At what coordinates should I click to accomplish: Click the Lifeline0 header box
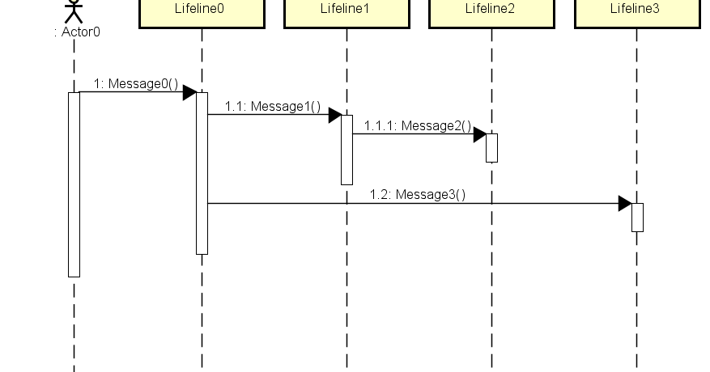(202, 12)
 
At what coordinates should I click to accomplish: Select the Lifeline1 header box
(346, 12)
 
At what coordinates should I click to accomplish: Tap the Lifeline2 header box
(491, 12)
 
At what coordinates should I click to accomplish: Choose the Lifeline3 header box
(636, 12)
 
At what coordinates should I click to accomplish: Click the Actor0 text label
(77, 32)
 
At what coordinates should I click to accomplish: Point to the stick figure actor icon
(74, 10)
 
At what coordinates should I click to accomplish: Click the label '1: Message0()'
(135, 83)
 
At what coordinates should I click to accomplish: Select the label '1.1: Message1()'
(273, 106)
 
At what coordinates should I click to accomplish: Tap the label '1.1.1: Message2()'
(417, 125)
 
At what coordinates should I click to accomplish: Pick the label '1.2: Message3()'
(418, 194)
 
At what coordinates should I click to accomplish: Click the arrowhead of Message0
(189, 92)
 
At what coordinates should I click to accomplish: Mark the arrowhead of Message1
(334, 115)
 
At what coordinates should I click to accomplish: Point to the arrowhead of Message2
(479, 134)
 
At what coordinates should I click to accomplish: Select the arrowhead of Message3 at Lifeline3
(624, 203)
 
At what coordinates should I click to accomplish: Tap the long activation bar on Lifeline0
(202, 173)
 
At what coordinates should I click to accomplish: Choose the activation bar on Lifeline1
(346, 150)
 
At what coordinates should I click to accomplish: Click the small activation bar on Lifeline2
(491, 148)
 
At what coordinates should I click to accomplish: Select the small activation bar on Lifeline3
(637, 218)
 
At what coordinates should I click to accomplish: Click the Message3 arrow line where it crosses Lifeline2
(491, 203)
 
